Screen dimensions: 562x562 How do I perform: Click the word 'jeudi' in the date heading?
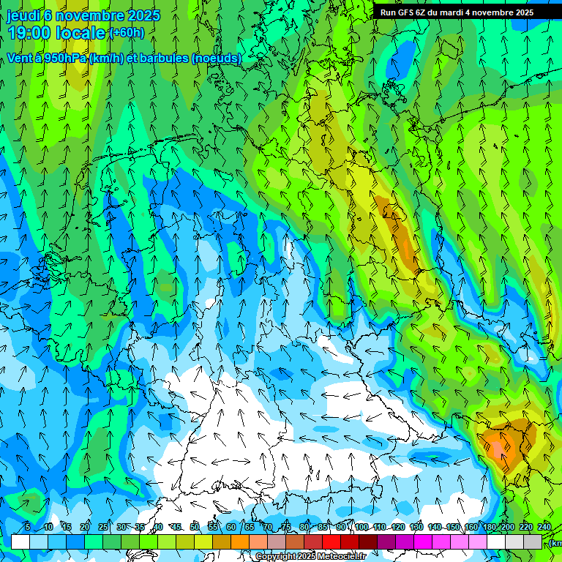click(23, 15)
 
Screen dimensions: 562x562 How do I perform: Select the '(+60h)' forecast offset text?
click(127, 33)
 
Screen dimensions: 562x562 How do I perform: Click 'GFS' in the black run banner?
click(406, 12)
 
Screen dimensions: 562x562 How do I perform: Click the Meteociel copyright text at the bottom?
click(311, 557)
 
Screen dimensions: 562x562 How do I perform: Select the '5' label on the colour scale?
click(28, 527)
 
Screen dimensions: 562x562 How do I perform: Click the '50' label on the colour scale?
click(194, 527)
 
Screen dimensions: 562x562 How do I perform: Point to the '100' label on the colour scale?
click(361, 527)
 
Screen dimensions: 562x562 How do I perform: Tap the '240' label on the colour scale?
click(544, 527)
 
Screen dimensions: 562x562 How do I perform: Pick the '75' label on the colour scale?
click(286, 527)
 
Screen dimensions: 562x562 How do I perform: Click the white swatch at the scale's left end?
click(20, 542)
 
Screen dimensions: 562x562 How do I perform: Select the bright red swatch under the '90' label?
click(331, 542)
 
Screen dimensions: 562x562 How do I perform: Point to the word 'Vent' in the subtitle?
click(20, 59)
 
